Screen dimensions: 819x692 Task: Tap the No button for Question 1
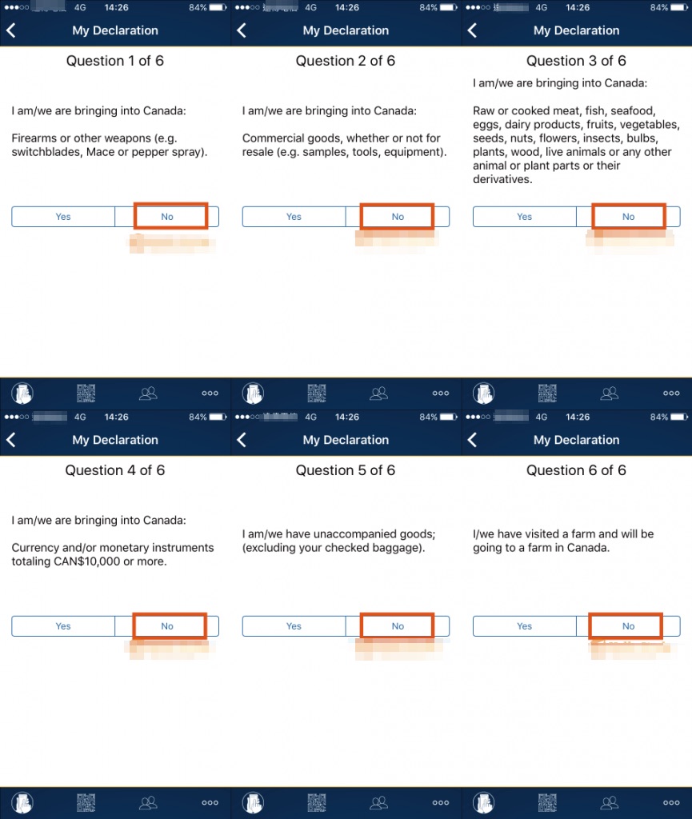(166, 217)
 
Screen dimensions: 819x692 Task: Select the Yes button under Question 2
(294, 217)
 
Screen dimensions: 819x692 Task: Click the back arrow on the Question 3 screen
(472, 30)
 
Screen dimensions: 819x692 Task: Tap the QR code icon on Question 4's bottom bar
(86, 802)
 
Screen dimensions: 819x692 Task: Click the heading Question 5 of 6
(346, 470)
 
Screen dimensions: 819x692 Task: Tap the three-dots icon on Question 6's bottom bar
(671, 802)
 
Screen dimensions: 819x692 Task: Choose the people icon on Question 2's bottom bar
(379, 393)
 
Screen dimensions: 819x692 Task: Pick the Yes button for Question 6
(524, 626)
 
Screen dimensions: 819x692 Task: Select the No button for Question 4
(166, 626)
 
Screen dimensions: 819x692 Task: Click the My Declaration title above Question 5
(346, 440)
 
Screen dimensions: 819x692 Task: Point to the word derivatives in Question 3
(502, 180)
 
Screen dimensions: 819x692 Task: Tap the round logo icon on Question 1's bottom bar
(22, 393)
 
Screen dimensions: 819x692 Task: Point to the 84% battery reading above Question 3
(658, 8)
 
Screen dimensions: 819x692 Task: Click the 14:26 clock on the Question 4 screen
(116, 417)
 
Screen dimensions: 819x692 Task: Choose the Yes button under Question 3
(524, 217)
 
